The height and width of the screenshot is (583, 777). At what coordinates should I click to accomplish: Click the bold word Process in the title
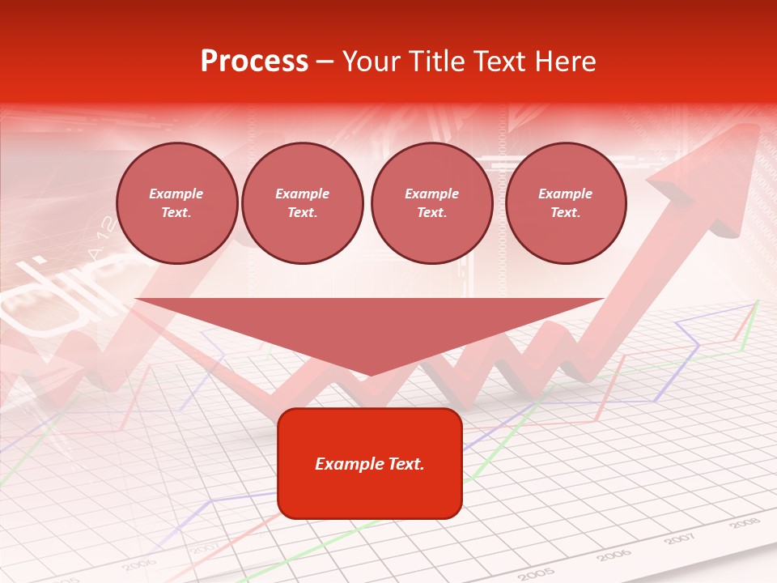[x=254, y=62]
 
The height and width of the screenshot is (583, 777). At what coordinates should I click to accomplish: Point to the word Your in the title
[x=369, y=62]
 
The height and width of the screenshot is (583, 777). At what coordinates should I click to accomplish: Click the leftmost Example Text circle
[x=176, y=203]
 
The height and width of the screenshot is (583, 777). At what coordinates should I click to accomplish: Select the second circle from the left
[x=303, y=203]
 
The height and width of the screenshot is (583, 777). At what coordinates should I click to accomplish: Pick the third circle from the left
[x=431, y=203]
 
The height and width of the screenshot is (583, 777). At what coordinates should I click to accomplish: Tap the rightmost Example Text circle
[x=565, y=203]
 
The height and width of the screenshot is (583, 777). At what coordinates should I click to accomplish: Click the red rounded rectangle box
[x=369, y=463]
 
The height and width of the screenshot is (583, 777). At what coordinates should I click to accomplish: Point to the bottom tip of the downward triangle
[x=370, y=375]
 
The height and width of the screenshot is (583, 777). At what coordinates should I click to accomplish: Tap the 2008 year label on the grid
[x=745, y=524]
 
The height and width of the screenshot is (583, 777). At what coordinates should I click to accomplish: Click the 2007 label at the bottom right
[x=680, y=539]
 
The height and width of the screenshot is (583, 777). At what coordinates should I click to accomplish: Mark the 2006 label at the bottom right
[x=612, y=555]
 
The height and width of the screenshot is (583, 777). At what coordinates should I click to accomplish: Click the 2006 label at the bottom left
[x=139, y=563]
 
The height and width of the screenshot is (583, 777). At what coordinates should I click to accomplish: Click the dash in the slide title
[x=325, y=62]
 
